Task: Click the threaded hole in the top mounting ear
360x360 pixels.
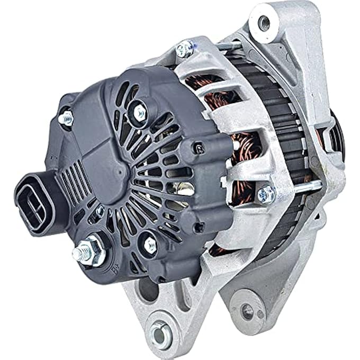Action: tap(264, 23)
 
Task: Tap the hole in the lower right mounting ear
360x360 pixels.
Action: tap(247, 311)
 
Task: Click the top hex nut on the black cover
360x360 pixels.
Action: tap(140, 111)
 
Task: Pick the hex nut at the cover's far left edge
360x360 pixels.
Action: tap(66, 119)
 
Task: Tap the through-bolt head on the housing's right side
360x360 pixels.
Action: tap(265, 194)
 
